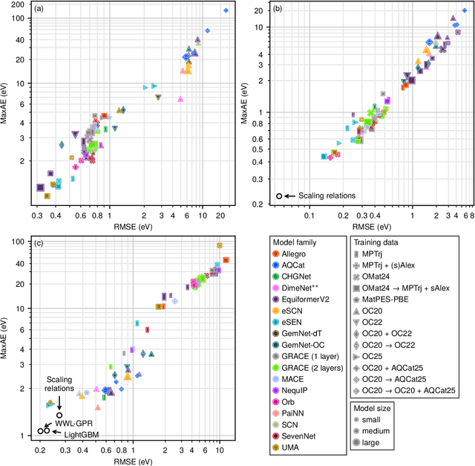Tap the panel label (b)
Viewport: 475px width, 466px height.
[x=278, y=11]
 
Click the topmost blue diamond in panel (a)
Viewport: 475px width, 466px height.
[x=226, y=10]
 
